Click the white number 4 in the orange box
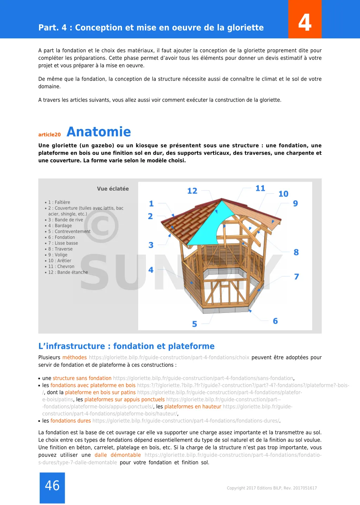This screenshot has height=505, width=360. coord(305,23)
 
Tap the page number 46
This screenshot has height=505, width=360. coord(52,486)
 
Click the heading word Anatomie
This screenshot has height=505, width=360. coord(98,132)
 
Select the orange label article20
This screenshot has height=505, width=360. coord(50,135)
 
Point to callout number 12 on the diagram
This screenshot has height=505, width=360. coord(192,191)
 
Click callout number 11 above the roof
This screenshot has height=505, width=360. coord(260,188)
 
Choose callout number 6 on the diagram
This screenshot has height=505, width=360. coord(275,321)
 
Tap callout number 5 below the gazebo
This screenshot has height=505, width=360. coord(194,324)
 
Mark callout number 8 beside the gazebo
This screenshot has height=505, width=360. coord(296,252)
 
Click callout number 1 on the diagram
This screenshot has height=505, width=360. coord(151,204)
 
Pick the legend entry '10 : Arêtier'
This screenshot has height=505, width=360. coord(60,261)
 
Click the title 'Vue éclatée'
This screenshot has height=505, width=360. coord(113,189)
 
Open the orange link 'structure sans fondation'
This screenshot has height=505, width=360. coord(82,378)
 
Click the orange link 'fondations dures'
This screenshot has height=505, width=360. coord(71,421)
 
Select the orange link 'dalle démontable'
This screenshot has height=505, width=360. coord(117,455)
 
